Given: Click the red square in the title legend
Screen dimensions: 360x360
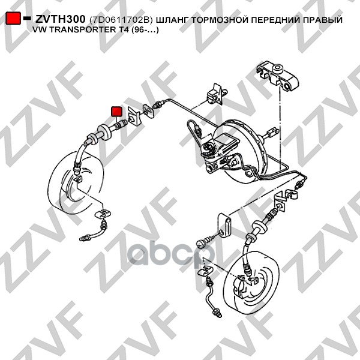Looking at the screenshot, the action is [13, 18].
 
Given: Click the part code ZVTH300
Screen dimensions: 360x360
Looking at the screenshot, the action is [60, 19].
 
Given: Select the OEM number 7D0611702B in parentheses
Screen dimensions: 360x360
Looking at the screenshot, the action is [121, 20].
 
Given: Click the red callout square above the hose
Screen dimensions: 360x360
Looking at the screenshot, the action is [116, 112].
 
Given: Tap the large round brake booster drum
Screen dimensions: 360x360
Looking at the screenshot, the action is [241, 151].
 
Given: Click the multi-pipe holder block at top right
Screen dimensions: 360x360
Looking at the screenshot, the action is [278, 76].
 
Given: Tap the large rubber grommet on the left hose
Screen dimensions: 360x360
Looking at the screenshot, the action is [104, 132].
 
